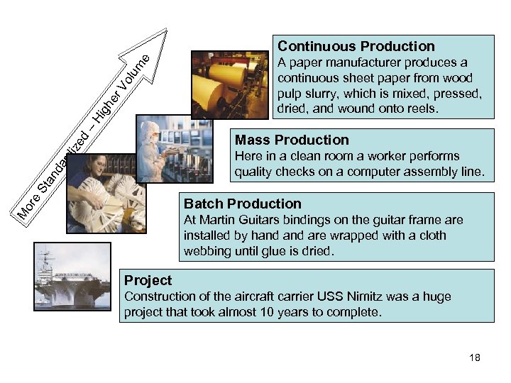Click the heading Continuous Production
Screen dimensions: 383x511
[x=356, y=46]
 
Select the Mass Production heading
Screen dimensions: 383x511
[x=292, y=139]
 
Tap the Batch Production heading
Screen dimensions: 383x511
[x=243, y=204]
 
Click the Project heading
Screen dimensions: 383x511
[x=148, y=279]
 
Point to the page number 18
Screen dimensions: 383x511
[x=474, y=357]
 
